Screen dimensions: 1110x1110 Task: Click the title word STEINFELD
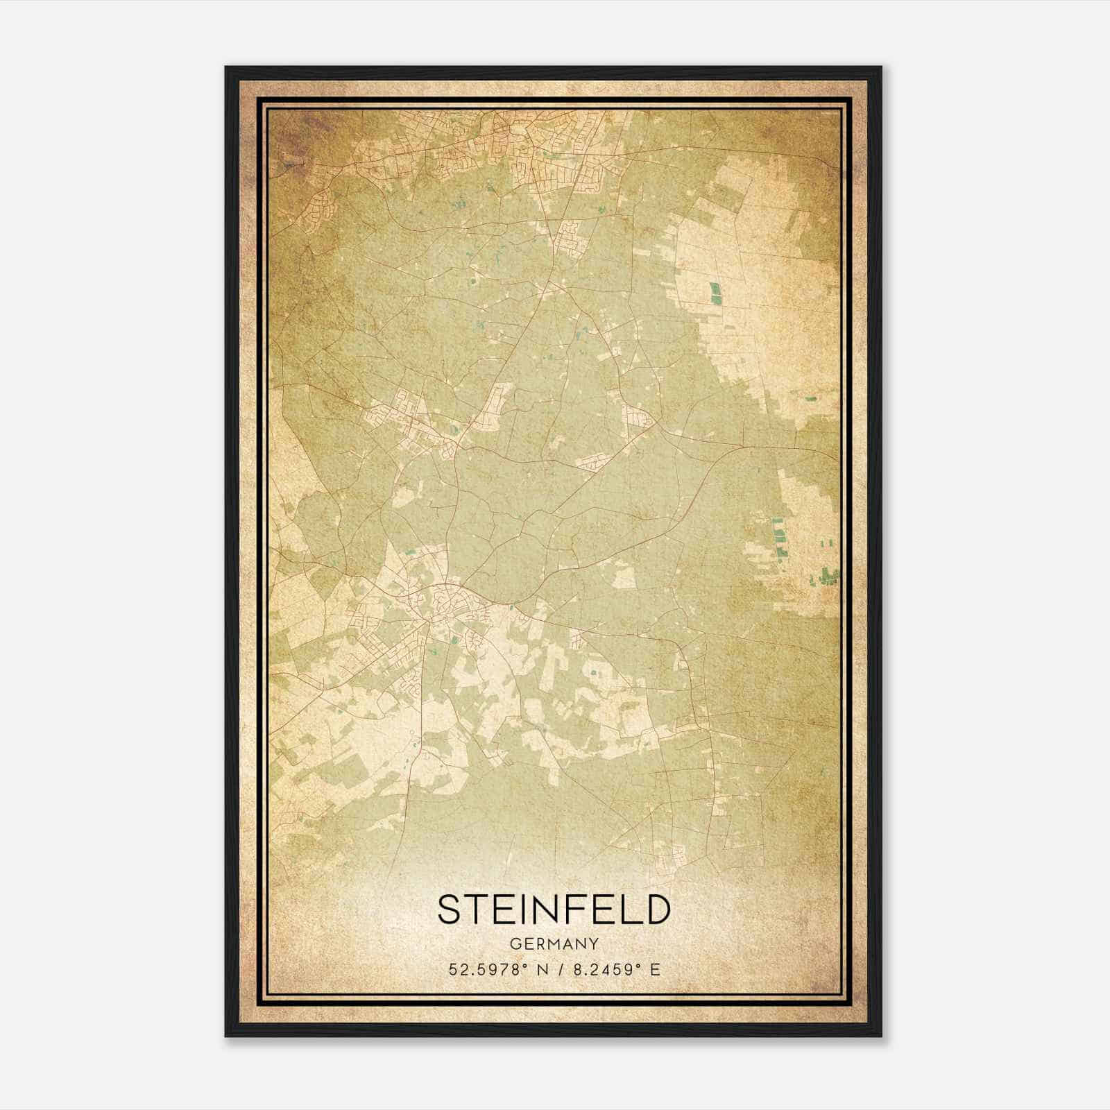click(x=554, y=910)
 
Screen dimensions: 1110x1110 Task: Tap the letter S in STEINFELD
click(x=449, y=910)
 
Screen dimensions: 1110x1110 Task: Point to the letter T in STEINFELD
click(x=477, y=910)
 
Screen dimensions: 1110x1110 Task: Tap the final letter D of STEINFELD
click(x=658, y=910)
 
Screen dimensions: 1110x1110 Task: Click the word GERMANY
click(x=554, y=943)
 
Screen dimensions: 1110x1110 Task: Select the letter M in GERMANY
click(x=555, y=943)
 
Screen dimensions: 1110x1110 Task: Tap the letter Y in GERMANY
click(x=594, y=943)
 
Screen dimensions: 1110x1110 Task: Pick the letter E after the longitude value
click(x=655, y=969)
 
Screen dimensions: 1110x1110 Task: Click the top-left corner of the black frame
click(x=226, y=67)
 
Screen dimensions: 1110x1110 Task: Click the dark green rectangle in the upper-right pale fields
click(x=715, y=293)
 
